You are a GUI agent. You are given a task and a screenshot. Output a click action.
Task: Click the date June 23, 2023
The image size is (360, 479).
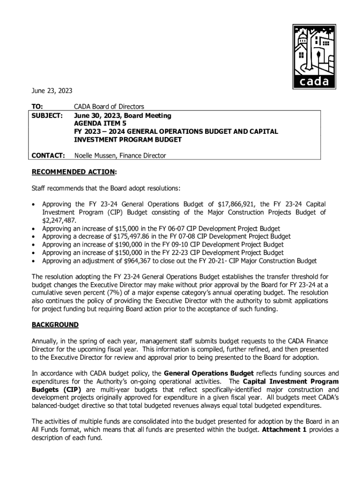point(52,90)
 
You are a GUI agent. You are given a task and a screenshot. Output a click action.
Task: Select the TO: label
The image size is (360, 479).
point(37,107)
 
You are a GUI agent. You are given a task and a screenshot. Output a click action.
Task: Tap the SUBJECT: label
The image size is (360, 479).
point(47,116)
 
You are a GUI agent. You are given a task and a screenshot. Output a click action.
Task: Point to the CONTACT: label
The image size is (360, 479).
point(48,155)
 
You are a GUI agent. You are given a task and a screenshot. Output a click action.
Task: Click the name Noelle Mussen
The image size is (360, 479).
point(97,155)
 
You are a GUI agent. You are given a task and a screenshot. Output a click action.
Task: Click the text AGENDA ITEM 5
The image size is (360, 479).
point(100,123)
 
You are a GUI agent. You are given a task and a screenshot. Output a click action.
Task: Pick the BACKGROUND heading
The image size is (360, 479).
point(55,325)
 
